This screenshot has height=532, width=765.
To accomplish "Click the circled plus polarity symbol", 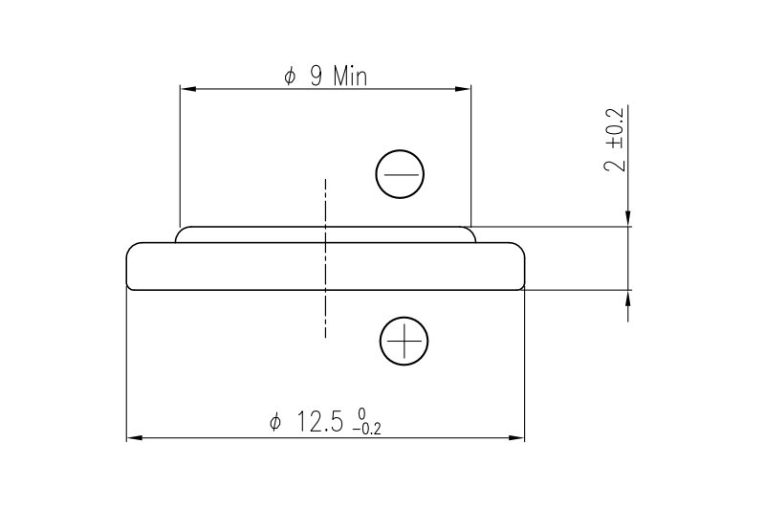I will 404,342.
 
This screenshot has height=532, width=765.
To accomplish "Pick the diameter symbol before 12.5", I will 275,423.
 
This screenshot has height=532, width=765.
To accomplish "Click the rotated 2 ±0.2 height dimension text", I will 616,139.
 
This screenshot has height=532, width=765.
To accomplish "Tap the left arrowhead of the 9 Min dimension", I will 187,90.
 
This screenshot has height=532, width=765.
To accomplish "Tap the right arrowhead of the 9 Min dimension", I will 464,90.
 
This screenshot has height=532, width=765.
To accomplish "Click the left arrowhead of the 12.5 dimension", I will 134,438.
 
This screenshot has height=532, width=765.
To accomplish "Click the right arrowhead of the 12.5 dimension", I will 517,438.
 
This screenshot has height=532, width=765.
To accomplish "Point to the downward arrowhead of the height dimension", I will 627,219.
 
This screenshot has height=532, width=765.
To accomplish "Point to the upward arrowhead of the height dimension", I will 627,298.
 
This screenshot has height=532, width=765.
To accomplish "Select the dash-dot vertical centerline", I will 325,258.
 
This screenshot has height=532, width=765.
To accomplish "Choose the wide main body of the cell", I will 229,266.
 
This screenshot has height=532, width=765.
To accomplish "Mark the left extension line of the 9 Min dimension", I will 181,153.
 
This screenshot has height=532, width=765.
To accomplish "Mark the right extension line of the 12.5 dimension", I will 525,364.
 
